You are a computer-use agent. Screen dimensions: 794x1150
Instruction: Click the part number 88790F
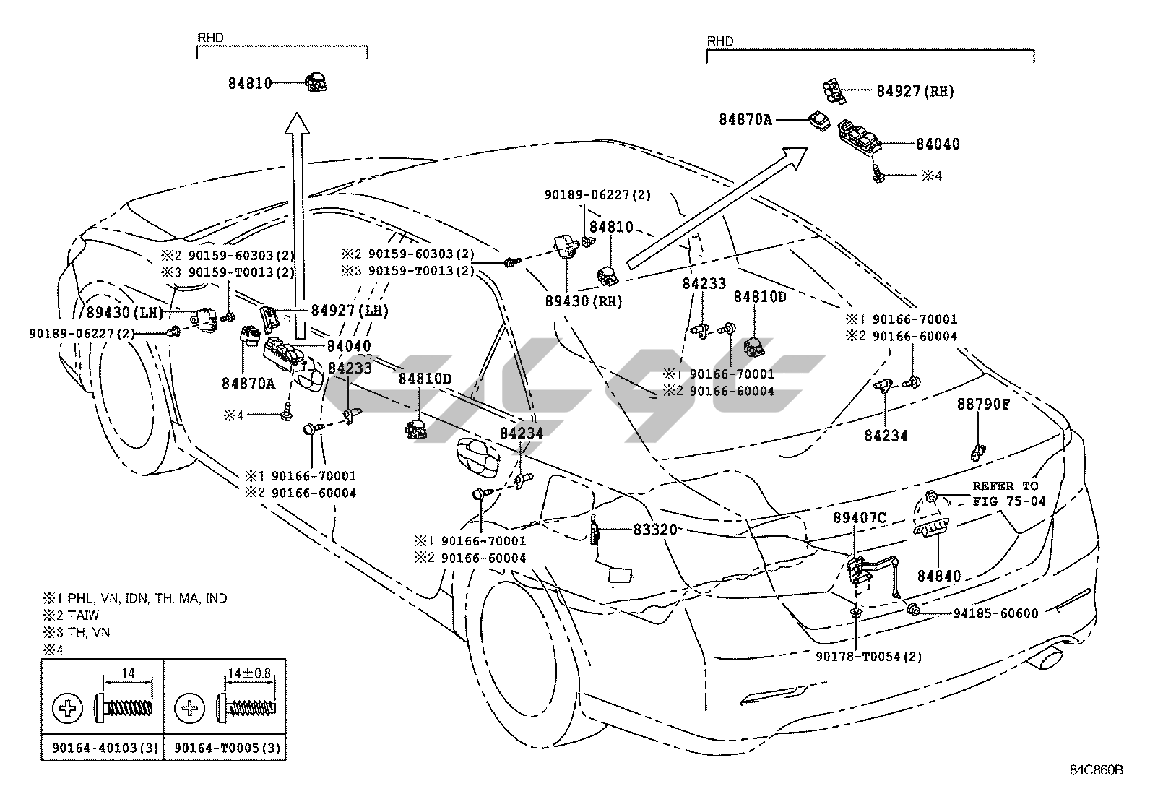click(x=983, y=405)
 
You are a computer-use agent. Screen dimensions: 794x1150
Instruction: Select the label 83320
click(x=655, y=530)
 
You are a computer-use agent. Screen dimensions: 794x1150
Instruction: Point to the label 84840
click(x=939, y=577)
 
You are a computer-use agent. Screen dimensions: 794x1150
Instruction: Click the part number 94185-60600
click(x=995, y=614)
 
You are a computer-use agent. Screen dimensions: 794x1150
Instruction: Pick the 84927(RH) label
click(x=915, y=91)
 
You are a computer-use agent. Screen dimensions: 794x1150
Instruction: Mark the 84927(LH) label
click(x=350, y=311)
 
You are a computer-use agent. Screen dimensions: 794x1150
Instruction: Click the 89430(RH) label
click(x=584, y=301)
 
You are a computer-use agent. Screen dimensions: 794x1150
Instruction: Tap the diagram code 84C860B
click(x=1097, y=769)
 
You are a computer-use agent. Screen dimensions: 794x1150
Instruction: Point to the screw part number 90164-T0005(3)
click(x=225, y=748)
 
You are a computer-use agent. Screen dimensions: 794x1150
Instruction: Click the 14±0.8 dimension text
click(x=249, y=673)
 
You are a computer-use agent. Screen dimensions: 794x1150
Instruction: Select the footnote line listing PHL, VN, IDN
click(x=135, y=598)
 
